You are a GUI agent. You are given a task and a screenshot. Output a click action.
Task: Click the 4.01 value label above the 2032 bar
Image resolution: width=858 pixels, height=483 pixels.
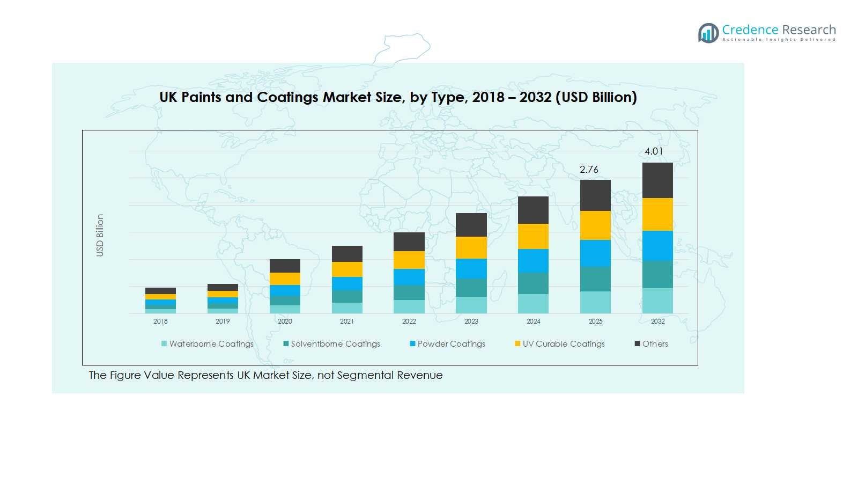654,151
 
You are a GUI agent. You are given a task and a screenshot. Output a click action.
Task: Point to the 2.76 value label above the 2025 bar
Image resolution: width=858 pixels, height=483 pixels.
589,170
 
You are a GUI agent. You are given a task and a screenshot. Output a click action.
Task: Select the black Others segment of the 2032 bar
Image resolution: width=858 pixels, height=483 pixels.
657,180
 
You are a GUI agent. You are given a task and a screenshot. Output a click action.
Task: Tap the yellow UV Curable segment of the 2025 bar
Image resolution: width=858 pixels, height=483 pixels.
595,225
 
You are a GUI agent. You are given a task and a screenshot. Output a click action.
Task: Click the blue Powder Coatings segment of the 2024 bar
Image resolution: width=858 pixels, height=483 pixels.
533,261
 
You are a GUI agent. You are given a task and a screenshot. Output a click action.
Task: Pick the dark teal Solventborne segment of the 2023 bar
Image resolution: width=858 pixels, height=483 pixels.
471,288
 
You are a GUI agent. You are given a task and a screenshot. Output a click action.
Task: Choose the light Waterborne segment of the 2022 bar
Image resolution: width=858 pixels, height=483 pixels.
409,306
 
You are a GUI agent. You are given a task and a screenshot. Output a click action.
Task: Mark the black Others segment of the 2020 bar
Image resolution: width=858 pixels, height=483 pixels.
285,266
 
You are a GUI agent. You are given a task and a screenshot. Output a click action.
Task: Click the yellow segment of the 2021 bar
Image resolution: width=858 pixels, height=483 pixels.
347,269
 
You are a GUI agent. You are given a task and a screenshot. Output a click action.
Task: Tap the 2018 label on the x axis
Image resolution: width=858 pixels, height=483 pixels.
160,321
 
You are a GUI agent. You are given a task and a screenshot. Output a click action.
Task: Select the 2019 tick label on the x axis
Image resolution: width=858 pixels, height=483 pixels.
223,321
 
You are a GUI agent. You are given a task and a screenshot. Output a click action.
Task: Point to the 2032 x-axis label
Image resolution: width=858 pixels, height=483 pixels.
657,321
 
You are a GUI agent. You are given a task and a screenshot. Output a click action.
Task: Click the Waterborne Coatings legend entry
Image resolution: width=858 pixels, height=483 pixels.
211,344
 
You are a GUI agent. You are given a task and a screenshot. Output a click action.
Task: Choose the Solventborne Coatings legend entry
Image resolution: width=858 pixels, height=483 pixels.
335,344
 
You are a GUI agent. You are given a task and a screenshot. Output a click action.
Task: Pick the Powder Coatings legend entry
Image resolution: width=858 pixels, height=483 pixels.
451,344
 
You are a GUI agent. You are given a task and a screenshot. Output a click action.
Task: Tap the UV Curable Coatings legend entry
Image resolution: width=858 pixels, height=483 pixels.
563,344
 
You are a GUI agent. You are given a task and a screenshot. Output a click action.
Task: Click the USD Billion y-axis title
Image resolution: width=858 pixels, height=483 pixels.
100,235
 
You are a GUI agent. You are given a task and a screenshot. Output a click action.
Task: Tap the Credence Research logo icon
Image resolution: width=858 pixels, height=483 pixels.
708,33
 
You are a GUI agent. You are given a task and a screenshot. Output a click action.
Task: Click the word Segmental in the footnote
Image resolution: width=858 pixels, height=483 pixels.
365,375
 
